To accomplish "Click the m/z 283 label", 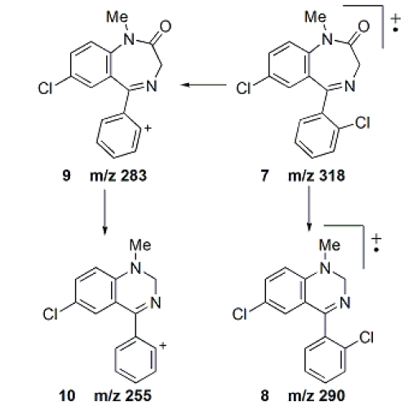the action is (118, 175).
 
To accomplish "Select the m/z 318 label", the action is (317, 175).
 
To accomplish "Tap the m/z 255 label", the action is (122, 395).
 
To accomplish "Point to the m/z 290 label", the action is (317, 395).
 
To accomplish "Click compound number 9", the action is (66, 175).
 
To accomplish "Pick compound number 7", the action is (264, 175).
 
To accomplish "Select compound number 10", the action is (67, 395).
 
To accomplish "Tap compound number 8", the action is (264, 395).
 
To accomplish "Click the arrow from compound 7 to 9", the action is (203, 85).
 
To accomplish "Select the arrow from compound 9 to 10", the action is (104, 212).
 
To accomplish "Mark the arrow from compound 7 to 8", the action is (308, 209).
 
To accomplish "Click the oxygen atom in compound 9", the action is (166, 26).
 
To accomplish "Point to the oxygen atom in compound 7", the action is (364, 26).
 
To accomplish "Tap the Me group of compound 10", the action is (140, 245).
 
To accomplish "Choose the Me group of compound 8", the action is (330, 245).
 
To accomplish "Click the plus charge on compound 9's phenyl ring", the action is (148, 128).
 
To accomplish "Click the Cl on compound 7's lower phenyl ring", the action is (362, 122).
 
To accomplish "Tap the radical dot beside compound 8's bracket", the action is (376, 250).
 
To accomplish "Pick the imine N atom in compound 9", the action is (152, 86).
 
